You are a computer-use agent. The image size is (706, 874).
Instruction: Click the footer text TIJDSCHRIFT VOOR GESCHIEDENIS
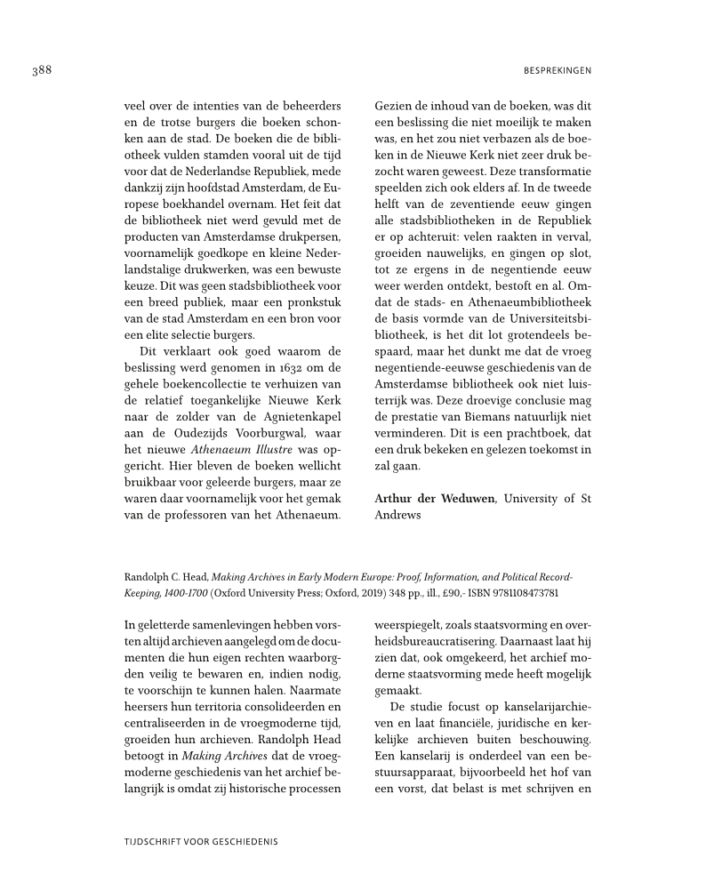click(x=201, y=840)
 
